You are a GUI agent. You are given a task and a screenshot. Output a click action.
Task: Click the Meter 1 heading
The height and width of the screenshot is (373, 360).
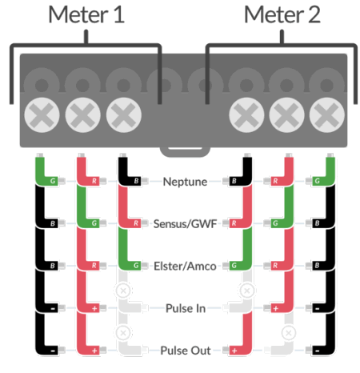click(x=86, y=14)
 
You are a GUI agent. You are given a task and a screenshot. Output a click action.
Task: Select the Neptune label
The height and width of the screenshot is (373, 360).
click(x=184, y=182)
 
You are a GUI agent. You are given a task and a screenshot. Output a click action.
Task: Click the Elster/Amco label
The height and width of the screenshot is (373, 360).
click(x=184, y=265)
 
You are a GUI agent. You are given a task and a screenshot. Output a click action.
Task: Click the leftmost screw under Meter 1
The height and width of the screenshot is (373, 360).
click(x=41, y=117)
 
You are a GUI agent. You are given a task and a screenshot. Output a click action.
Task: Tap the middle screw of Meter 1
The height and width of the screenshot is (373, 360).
click(x=82, y=117)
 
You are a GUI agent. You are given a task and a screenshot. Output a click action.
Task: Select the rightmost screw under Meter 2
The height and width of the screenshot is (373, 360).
click(x=325, y=117)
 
